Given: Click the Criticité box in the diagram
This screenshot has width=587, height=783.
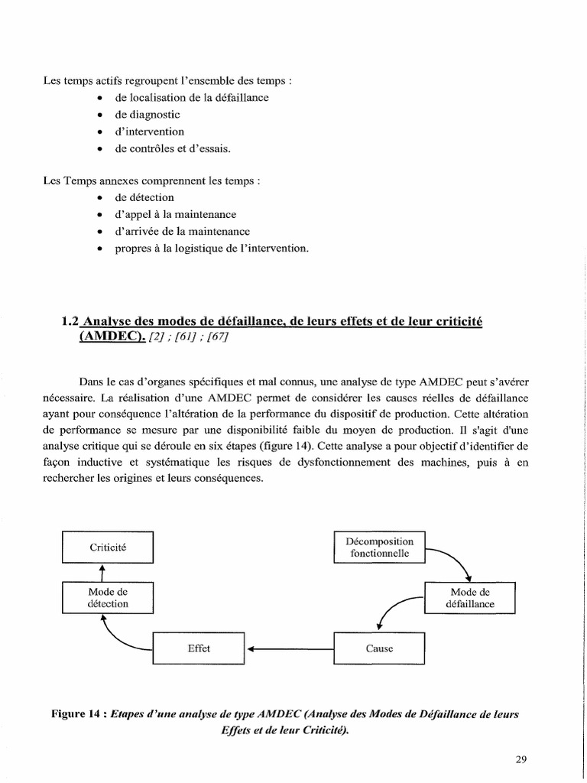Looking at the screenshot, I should click(108, 547).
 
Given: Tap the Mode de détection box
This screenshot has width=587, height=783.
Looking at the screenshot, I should click(108, 597).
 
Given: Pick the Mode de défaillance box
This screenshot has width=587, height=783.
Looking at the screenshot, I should click(469, 597).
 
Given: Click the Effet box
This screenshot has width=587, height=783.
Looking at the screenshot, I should click(199, 648).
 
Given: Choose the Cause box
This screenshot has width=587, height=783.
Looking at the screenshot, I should click(379, 648).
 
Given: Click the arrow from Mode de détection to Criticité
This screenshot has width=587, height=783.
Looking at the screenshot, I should click(102, 573).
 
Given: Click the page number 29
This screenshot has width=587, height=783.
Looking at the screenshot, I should click(521, 759).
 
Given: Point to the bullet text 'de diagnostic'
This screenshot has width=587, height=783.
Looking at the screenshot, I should click(148, 115).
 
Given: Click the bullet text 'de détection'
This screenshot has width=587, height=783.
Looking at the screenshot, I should click(144, 197).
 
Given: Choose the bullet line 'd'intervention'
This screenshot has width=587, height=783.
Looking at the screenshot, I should click(149, 132).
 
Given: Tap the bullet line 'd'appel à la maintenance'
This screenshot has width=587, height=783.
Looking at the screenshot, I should click(175, 214).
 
